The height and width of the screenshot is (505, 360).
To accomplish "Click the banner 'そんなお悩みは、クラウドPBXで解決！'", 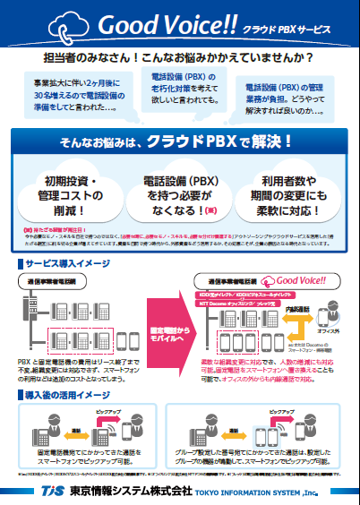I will (180, 141).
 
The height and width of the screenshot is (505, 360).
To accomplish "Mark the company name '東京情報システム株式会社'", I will (122, 490).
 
